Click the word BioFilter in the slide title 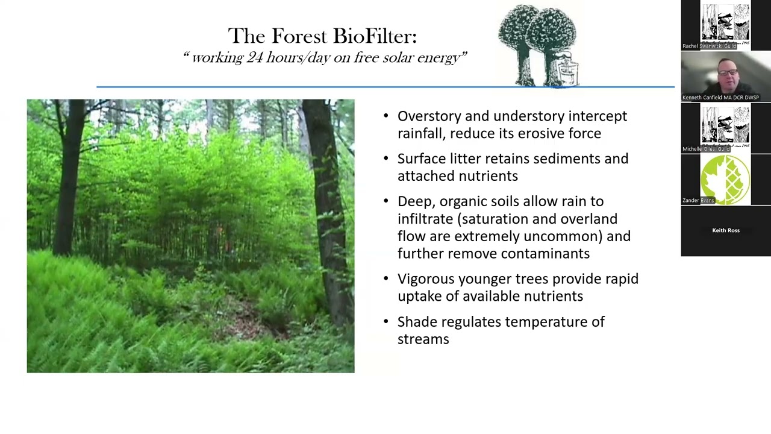[x=374, y=36]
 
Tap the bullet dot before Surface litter [x=386, y=159]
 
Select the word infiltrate [x=425, y=219]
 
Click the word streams [x=423, y=339]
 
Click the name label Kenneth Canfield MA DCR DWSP [x=720, y=97]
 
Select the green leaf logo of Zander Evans [x=725, y=180]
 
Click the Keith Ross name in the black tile [x=725, y=230]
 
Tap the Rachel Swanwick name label [x=709, y=46]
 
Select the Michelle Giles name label [x=706, y=149]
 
